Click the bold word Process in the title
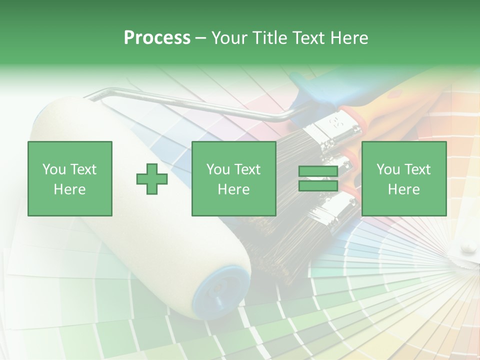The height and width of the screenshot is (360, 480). point(157,38)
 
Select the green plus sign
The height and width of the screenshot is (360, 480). point(152,178)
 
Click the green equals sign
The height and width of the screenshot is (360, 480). point(318,178)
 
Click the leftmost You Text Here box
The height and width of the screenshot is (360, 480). point(70,178)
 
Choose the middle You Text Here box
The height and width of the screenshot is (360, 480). point(233,178)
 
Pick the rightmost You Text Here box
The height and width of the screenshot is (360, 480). point(403,178)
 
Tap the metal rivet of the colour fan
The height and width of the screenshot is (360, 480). point(468,245)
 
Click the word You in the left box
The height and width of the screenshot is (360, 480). point(54,169)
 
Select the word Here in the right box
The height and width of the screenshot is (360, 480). point(403,189)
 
